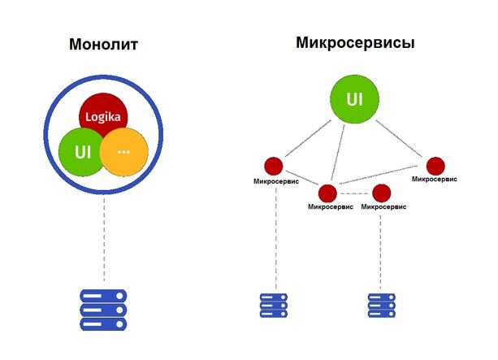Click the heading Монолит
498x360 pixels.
point(103,45)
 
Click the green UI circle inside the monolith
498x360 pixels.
point(79,152)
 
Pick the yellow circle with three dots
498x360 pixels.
point(124,152)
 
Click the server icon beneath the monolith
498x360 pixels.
point(103,310)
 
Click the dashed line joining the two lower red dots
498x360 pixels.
point(354,193)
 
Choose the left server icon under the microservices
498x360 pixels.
point(273,305)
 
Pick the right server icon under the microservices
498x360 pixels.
point(381,305)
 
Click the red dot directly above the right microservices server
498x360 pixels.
point(381,193)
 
